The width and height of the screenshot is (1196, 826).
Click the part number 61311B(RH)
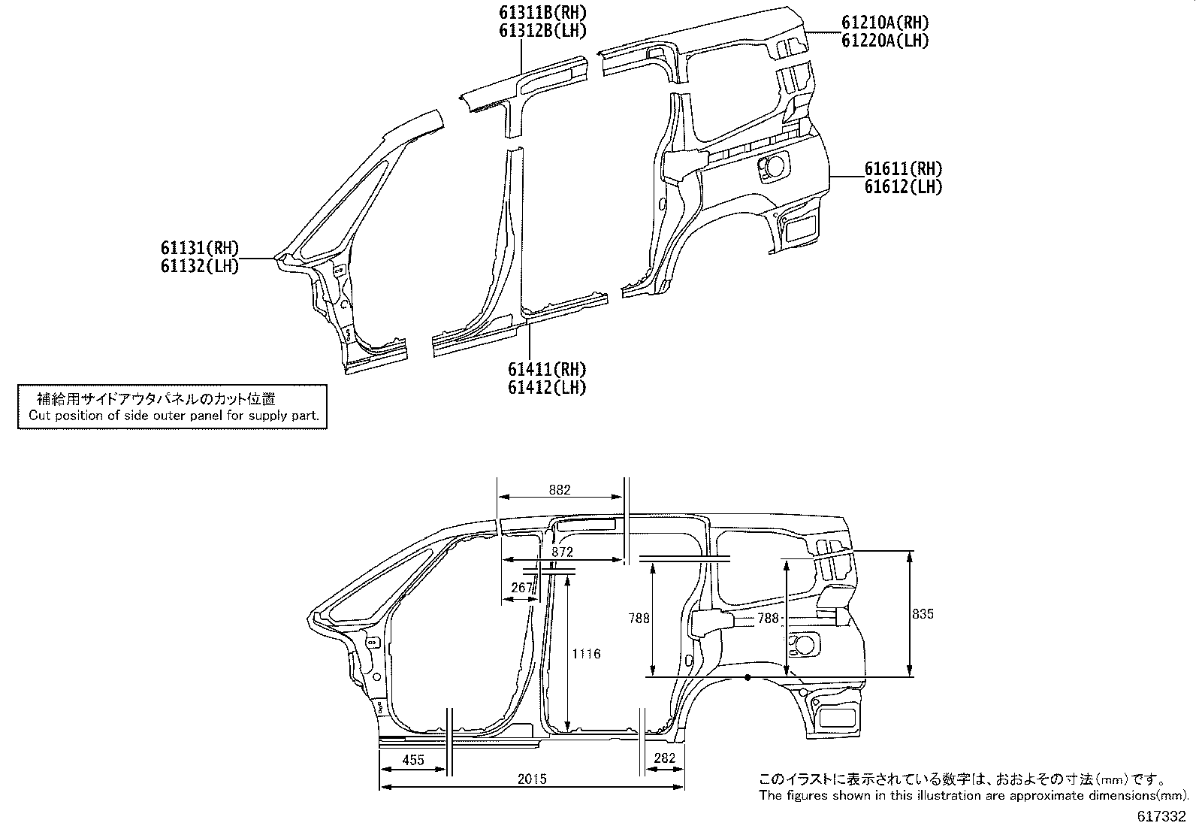(542, 12)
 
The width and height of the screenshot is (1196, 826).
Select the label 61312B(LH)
(542, 31)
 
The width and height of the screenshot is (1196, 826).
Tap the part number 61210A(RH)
(885, 23)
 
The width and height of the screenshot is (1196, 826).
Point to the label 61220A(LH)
(885, 41)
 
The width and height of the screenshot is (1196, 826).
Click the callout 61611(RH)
(904, 169)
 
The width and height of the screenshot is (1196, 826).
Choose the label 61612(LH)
(904, 187)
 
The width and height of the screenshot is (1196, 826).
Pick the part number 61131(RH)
(200, 248)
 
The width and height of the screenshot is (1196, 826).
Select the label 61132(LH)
(200, 266)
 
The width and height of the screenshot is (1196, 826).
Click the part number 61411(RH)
(547, 369)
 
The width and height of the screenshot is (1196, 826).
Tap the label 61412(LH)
(547, 387)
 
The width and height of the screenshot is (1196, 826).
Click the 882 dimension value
(560, 490)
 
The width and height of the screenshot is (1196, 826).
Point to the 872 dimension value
(562, 552)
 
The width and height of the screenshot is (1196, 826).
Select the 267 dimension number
(521, 588)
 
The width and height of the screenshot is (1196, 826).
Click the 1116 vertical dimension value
(586, 654)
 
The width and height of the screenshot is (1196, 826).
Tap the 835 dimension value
(923, 614)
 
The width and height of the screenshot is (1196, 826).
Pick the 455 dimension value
(413, 760)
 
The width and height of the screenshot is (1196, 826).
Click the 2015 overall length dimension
(533, 779)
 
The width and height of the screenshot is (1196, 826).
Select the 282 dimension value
(665, 758)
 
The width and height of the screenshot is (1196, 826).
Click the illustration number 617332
(1161, 816)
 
